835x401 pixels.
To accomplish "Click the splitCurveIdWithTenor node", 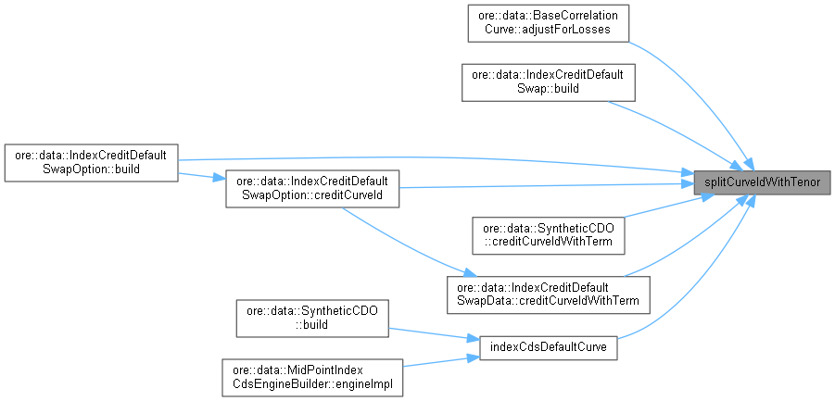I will [762, 182].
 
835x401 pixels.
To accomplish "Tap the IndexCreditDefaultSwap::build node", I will [548, 82].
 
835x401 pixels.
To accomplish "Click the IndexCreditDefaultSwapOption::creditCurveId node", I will [312, 188].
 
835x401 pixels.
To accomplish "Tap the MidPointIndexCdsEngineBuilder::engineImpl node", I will [311, 376].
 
